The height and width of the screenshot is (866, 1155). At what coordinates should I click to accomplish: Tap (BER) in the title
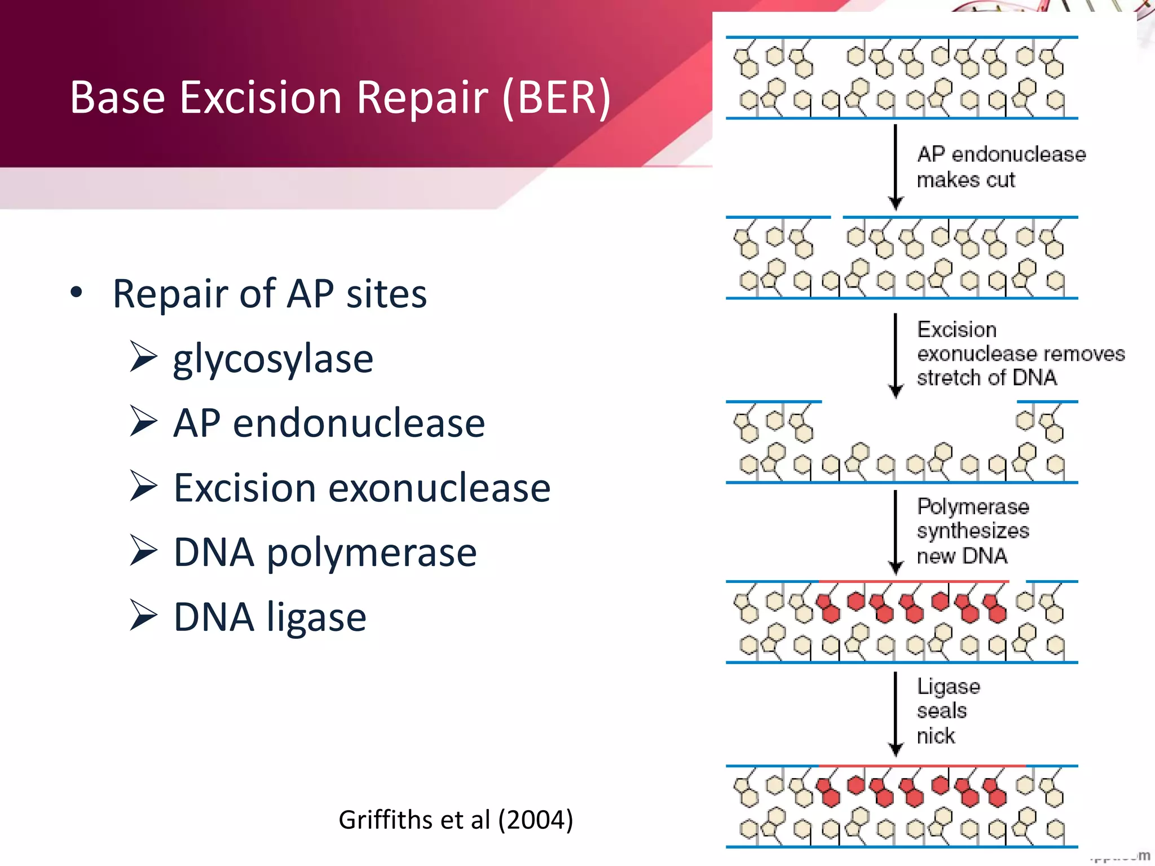(556, 97)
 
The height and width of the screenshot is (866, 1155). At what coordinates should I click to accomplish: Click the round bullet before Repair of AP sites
(77, 293)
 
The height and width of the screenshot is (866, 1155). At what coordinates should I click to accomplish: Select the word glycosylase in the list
(273, 359)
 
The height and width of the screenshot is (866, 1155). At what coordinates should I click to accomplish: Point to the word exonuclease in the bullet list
(439, 488)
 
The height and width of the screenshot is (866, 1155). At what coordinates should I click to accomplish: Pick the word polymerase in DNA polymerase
(372, 553)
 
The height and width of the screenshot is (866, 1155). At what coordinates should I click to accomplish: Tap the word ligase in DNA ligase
(316, 618)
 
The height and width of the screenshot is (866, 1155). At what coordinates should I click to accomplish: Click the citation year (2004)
(535, 819)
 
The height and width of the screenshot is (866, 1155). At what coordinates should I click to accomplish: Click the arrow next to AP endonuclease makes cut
(896, 167)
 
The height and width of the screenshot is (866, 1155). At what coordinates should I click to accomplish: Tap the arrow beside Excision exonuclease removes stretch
(896, 355)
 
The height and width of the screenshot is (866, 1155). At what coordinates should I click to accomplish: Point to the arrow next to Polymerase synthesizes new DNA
(896, 532)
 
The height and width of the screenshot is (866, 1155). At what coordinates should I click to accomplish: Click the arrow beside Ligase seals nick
(896, 714)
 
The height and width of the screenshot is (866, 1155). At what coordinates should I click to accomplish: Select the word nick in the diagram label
(936, 736)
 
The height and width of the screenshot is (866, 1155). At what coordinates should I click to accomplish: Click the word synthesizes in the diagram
(973, 531)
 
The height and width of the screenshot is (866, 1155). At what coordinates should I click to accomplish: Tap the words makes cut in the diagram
(966, 180)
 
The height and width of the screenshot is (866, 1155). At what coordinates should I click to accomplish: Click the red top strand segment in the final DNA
(922, 766)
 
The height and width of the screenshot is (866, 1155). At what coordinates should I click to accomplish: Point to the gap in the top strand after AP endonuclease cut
(837, 217)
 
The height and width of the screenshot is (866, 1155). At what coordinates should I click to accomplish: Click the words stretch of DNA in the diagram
(986, 378)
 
